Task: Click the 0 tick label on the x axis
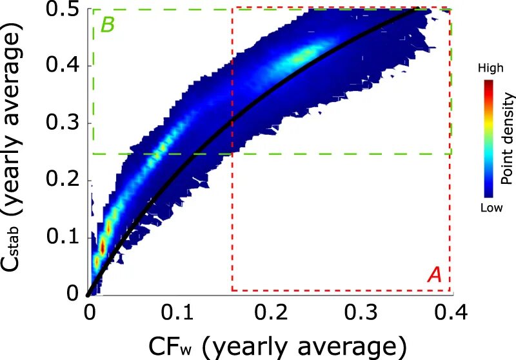coord(89,314)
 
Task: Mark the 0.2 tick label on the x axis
coord(270,314)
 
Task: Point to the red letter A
coord(434,275)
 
